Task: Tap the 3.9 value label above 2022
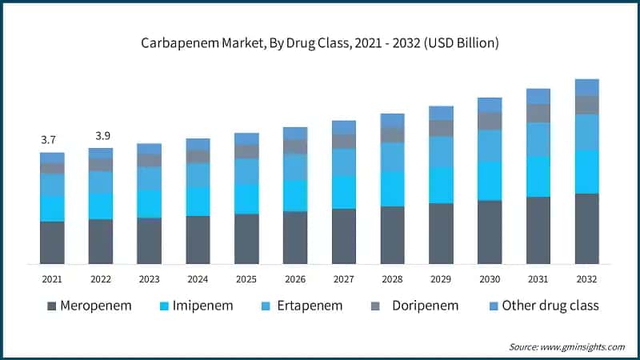(101, 135)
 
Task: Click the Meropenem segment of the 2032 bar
(587, 229)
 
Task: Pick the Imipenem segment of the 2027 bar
(344, 192)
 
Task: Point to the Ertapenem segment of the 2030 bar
(490, 146)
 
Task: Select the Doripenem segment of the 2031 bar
(538, 113)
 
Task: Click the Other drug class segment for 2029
(441, 113)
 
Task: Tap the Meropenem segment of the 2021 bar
(52, 242)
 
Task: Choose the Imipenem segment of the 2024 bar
(198, 201)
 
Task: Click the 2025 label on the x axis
(246, 279)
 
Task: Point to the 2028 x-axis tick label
(392, 279)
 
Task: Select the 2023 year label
(149, 279)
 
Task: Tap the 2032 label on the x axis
(587, 279)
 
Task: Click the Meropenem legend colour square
(53, 306)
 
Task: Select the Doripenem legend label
(425, 306)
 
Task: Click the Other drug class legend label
(550, 306)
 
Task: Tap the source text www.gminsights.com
(567, 346)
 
